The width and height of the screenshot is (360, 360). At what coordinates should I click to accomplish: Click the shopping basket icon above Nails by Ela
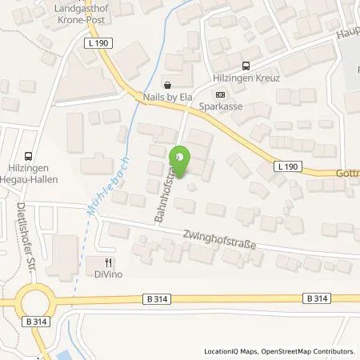point(166,84)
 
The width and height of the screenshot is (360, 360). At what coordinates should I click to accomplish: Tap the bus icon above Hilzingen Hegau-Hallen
point(30,157)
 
